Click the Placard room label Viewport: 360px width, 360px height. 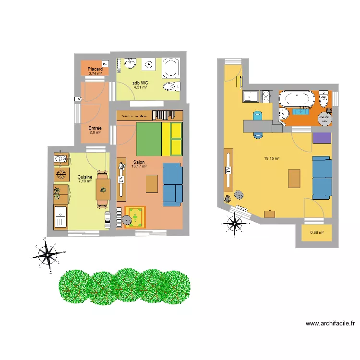tap(95, 69)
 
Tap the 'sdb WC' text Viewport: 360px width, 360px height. tap(140, 83)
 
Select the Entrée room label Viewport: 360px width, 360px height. tap(95, 128)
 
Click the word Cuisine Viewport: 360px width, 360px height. tap(84, 177)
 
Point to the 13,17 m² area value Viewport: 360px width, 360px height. tap(139, 167)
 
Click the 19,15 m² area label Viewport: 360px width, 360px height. tap(272, 158)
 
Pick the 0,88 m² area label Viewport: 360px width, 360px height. tap(317, 233)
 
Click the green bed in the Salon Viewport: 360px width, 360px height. tap(148, 139)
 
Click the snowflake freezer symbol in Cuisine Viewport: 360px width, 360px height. tap(60, 174)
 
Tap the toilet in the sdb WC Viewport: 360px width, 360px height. tap(171, 87)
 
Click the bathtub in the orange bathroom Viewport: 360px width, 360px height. tap(297, 100)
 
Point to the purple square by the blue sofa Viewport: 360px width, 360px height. tap(322, 138)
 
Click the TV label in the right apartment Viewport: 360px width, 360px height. tap(228, 170)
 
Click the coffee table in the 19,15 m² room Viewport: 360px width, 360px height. tap(294, 179)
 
